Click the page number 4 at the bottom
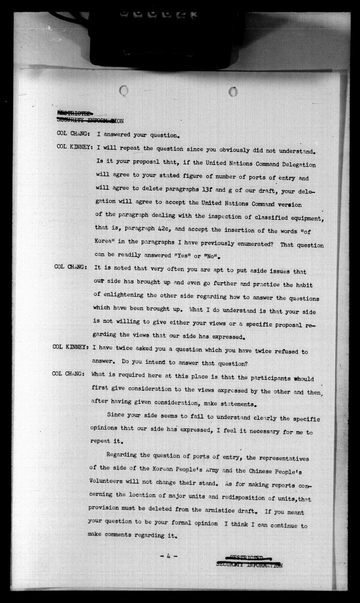click(168, 556)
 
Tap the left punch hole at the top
click(124, 91)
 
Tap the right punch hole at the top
click(233, 92)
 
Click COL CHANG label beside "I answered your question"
click(73, 134)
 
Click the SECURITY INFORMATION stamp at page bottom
click(249, 565)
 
